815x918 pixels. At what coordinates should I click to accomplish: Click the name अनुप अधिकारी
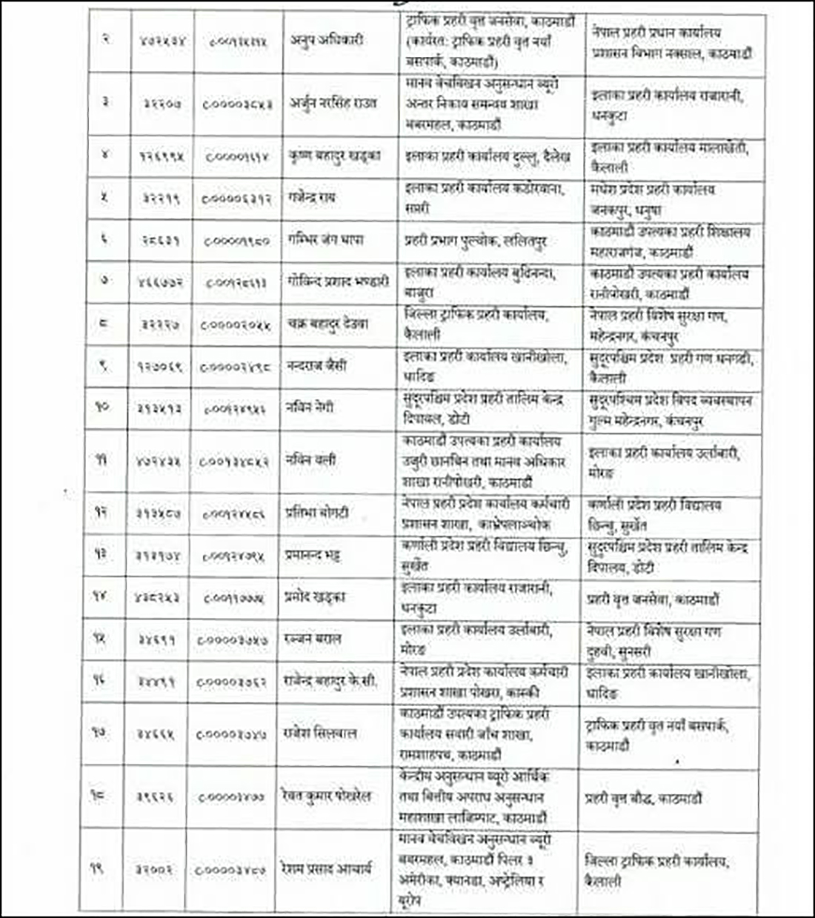326,41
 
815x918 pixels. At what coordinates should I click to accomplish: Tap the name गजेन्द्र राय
313,198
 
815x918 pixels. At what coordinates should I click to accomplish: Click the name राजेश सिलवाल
323,733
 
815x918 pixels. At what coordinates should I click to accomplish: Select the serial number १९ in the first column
98,868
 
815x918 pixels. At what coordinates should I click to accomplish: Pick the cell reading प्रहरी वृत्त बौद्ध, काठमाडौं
642,798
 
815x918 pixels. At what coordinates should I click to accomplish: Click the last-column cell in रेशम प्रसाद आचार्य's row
657,871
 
